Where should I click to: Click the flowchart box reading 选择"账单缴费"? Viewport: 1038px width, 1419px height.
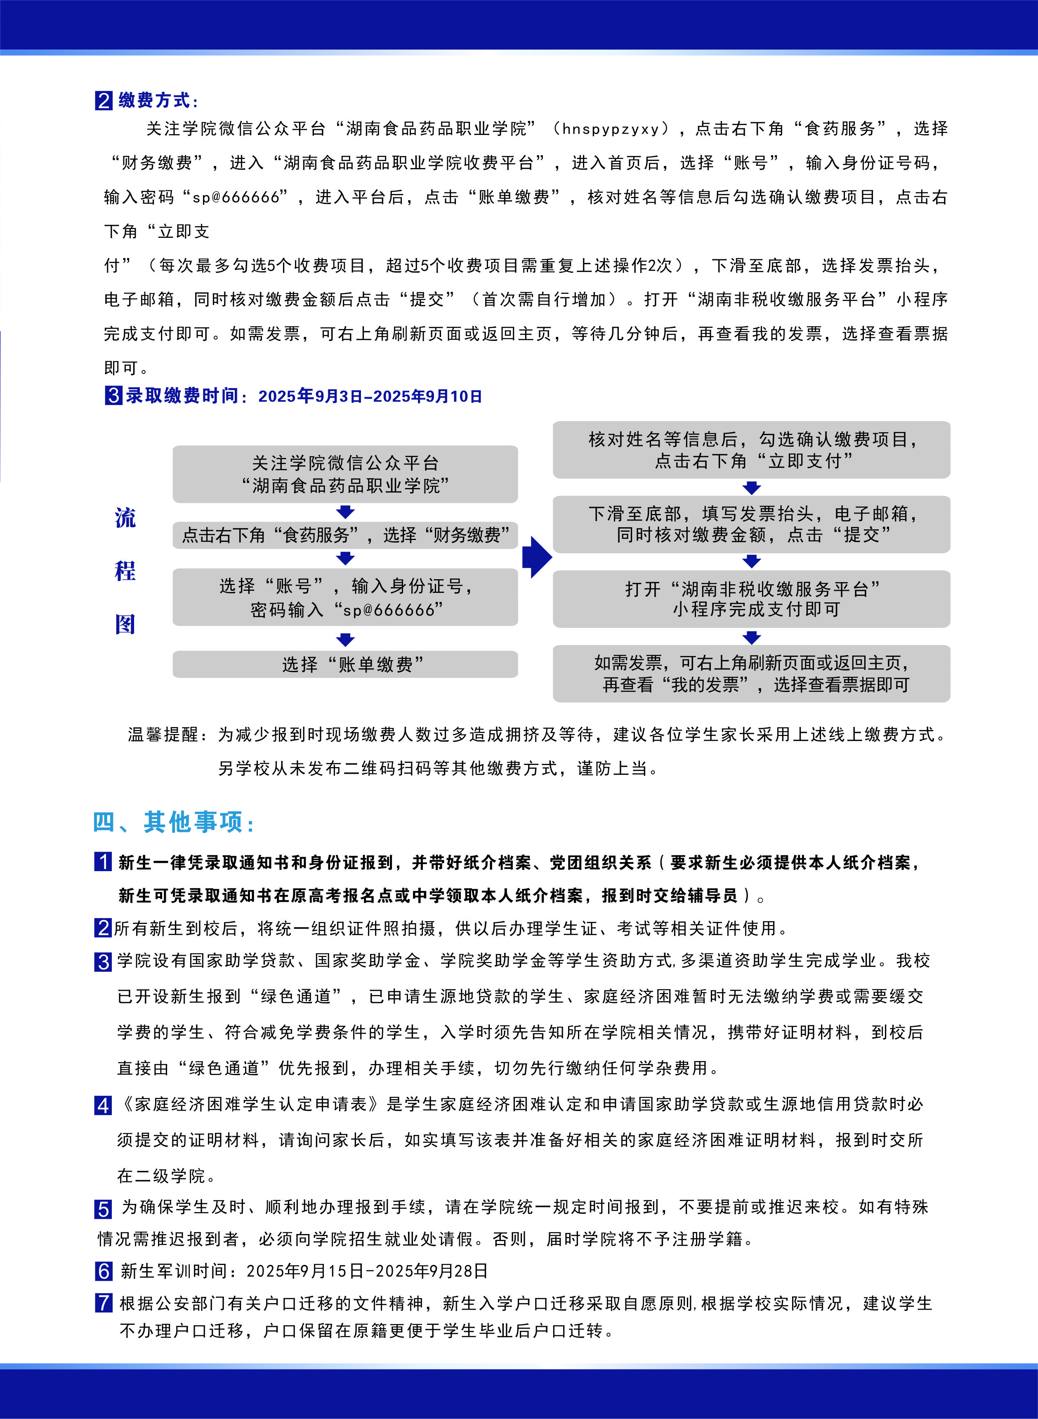[x=345, y=664]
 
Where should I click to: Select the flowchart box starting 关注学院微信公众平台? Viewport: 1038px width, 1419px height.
[x=345, y=474]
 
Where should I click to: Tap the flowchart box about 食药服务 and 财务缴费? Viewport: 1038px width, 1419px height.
[x=345, y=535]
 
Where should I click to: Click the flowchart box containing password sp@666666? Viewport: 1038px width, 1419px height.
[x=345, y=597]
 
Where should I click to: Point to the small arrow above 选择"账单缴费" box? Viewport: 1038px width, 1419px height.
[x=345, y=640]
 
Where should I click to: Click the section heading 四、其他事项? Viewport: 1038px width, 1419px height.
[x=173, y=822]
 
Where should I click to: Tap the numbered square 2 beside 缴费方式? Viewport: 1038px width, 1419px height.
[x=104, y=101]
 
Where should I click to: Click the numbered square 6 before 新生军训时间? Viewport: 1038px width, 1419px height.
[x=104, y=1271]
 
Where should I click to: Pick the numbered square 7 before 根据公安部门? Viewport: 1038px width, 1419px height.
[x=104, y=1303]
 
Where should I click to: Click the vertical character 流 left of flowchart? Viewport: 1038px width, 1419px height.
[x=125, y=518]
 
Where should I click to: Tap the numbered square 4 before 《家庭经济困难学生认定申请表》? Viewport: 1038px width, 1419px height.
[x=103, y=1105]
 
